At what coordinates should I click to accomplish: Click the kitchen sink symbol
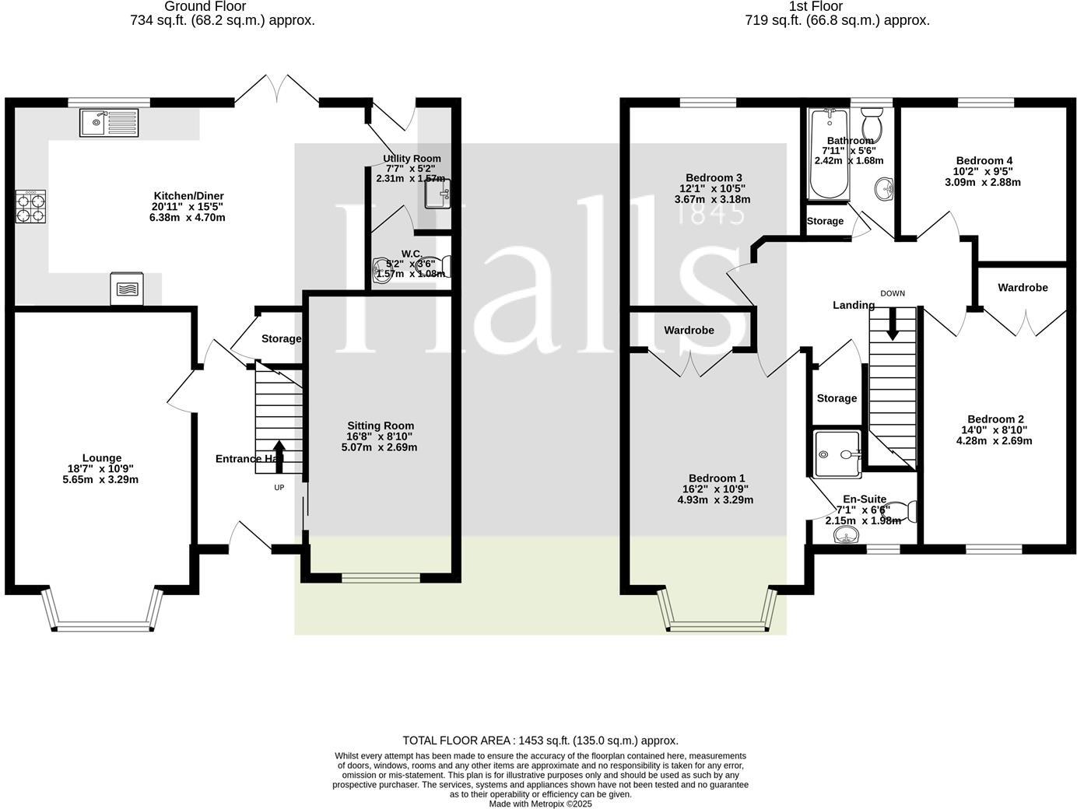coord(109,123)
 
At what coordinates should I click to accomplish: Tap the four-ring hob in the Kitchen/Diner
coord(30,207)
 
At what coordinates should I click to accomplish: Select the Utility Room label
coord(412,159)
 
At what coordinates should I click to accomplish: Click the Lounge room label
coord(102,458)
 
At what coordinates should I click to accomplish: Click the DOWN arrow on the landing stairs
coord(893,324)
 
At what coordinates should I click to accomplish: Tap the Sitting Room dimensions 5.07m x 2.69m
coord(379,447)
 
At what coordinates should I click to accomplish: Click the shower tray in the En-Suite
coord(837,453)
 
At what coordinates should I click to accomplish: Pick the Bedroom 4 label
coord(984,161)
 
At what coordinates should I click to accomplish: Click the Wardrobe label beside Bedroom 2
coord(1023,288)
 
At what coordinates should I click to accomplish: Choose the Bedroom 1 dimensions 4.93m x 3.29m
coord(715,500)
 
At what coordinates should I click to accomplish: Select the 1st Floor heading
coord(816,6)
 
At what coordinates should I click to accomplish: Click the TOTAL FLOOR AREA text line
coord(540,741)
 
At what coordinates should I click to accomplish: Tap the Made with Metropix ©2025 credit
coord(540,804)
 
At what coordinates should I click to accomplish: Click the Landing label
coord(854,306)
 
